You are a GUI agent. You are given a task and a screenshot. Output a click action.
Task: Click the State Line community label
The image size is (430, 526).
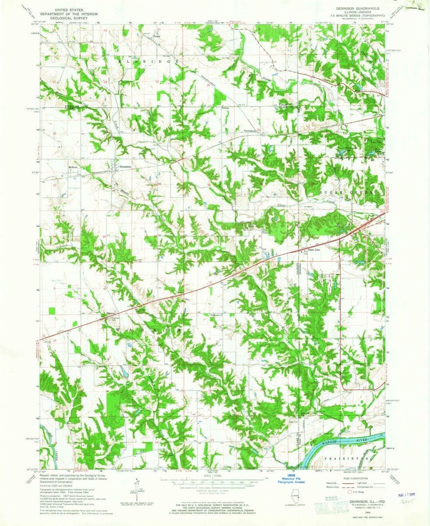pyautogui.click(x=315, y=250)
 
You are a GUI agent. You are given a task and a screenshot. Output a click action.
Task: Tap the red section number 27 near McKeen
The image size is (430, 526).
pyautogui.click(x=55, y=185)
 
